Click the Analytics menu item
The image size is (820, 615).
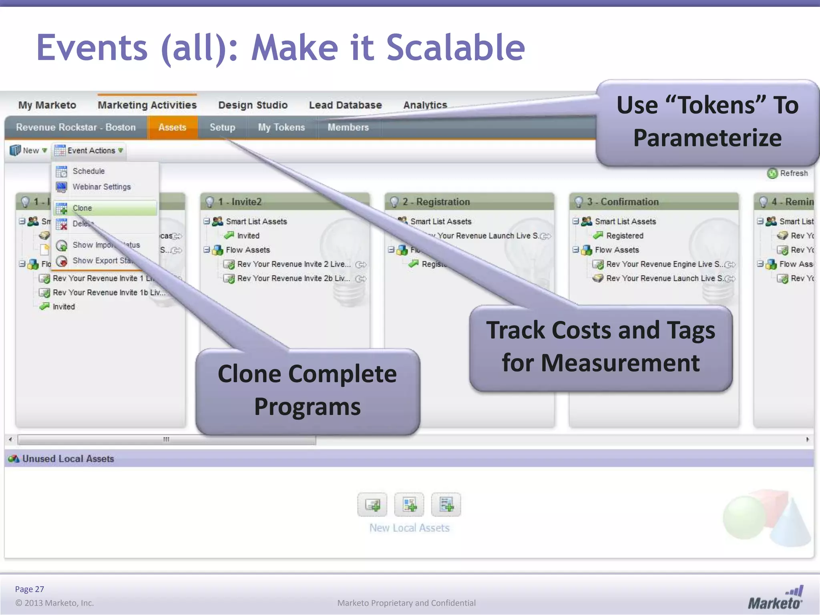coord(425,105)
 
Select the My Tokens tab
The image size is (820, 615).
coord(281,127)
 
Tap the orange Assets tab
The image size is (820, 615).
coord(172,127)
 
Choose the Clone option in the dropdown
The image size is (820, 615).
coord(82,208)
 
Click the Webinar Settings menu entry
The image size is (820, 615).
coord(101,187)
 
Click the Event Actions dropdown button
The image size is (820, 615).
coord(90,151)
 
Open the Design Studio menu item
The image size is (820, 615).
coord(253,105)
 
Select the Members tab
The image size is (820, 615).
coord(348,127)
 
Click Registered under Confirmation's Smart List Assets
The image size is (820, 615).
coord(625,236)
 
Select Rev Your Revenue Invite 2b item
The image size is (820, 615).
coord(293,278)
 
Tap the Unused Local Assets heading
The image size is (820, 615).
coord(68,459)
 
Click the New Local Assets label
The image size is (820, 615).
coord(409,528)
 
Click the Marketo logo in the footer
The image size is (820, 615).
coord(775,599)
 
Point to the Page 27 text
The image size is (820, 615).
coord(29,589)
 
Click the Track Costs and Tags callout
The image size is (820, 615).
coord(601,347)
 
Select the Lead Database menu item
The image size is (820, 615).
coord(345,105)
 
